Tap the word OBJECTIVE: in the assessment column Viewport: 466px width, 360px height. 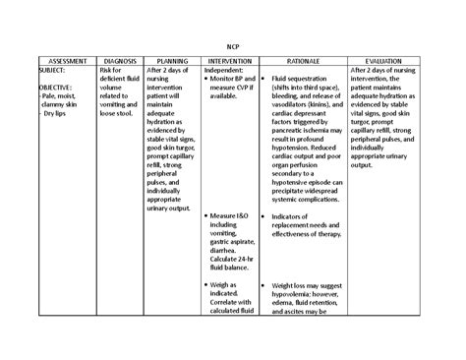[x=55, y=88]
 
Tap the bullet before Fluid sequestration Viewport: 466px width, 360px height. [x=264, y=79]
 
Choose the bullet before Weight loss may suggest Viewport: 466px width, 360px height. [x=264, y=284]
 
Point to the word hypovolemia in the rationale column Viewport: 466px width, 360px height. [x=298, y=293]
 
